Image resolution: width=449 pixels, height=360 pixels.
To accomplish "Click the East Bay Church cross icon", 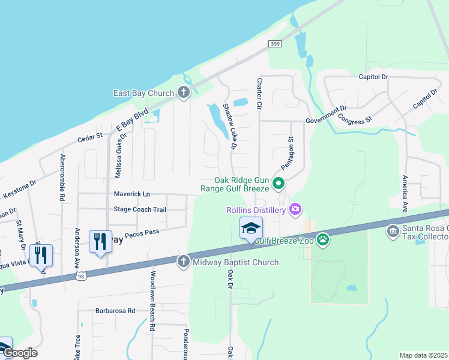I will pos(184,93).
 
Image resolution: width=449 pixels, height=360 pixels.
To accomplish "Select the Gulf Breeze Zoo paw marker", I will pos(324,240).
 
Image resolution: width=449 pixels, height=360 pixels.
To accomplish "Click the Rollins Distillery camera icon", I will pos(295,209).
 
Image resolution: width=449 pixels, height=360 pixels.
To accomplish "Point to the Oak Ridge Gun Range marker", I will pos(277,184).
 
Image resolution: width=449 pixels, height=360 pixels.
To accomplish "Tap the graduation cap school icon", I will pos(252,228).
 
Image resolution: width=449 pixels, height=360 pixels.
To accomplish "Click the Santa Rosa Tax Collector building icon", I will pos(393,231).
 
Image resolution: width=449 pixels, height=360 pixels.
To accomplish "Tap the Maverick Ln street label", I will pos(132,194).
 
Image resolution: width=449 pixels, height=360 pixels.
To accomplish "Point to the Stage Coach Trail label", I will pos(140,209).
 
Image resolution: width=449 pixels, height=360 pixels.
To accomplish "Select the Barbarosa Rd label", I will pos(115,311).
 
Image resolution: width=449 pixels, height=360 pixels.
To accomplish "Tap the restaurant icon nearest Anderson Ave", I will pos(100,242).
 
